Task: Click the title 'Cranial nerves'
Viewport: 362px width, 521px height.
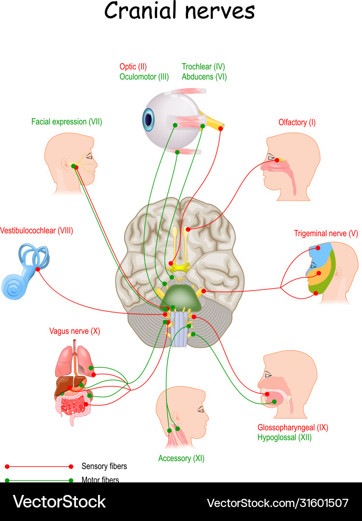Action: click(179, 11)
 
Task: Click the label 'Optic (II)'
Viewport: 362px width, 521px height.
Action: click(133, 67)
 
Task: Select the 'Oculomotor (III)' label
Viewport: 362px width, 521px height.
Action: click(144, 77)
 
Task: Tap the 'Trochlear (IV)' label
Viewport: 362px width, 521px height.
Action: click(203, 67)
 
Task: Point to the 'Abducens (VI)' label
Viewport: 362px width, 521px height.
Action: click(204, 77)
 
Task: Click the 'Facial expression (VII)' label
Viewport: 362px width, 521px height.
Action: click(67, 122)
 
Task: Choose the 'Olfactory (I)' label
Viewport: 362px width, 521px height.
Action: click(297, 123)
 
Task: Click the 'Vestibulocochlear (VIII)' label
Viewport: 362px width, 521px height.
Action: click(37, 231)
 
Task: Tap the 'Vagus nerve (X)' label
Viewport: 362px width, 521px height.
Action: click(74, 331)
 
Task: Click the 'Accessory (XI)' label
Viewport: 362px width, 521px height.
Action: click(181, 458)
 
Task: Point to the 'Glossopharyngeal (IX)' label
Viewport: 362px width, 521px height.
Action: click(293, 427)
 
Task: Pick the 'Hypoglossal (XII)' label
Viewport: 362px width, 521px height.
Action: click(284, 438)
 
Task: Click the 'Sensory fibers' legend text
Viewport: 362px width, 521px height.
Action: click(104, 466)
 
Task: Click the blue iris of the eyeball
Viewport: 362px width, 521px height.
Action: click(148, 118)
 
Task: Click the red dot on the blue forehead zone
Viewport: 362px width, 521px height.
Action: click(319, 248)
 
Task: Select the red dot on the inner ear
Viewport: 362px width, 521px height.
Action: click(37, 269)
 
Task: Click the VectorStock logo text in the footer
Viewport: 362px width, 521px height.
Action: click(59, 502)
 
